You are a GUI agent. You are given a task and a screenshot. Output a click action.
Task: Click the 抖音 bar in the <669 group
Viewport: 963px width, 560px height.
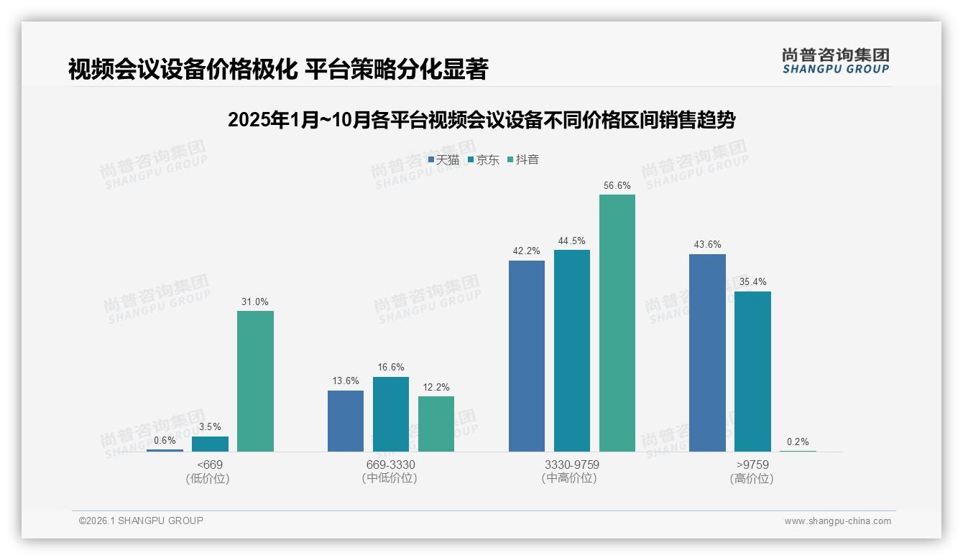pyautogui.click(x=255, y=381)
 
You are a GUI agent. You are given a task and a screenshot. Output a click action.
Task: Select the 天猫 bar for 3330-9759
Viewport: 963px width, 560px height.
pyautogui.click(x=527, y=356)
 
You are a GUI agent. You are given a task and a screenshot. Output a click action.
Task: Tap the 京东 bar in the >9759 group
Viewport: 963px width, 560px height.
pyautogui.click(x=752, y=371)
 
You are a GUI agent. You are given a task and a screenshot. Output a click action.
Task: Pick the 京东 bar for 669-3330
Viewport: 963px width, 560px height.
pyautogui.click(x=391, y=414)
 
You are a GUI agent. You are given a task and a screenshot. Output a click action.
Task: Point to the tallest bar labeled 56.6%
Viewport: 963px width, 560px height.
pyautogui.click(x=617, y=323)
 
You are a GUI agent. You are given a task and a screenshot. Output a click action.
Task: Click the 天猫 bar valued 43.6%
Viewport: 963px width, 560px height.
pyautogui.click(x=707, y=353)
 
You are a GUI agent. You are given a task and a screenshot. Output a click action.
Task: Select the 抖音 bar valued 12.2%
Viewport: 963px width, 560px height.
pyautogui.click(x=436, y=424)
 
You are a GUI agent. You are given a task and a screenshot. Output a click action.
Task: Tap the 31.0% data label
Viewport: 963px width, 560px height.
pyautogui.click(x=255, y=302)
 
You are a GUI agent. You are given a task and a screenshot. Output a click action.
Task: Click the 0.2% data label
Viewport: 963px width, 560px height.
pyautogui.click(x=798, y=442)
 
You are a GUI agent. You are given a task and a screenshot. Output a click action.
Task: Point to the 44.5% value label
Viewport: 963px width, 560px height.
pyautogui.click(x=572, y=241)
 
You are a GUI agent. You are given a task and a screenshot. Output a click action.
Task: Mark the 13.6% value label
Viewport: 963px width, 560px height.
pyautogui.click(x=346, y=381)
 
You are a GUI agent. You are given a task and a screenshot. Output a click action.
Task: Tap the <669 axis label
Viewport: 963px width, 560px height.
pyautogui.click(x=210, y=465)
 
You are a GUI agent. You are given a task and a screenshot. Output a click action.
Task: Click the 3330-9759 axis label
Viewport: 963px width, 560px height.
pyautogui.click(x=571, y=465)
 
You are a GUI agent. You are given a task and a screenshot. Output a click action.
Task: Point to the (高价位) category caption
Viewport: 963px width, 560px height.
pyautogui.click(x=752, y=479)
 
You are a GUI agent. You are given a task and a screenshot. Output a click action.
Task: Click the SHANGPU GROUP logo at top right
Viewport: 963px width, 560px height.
pyautogui.click(x=835, y=61)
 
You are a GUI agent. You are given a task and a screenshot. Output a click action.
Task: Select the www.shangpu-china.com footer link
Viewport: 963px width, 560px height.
pyautogui.click(x=837, y=521)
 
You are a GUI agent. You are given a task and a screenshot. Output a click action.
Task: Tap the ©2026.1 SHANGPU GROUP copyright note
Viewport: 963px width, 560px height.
pyautogui.click(x=141, y=521)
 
